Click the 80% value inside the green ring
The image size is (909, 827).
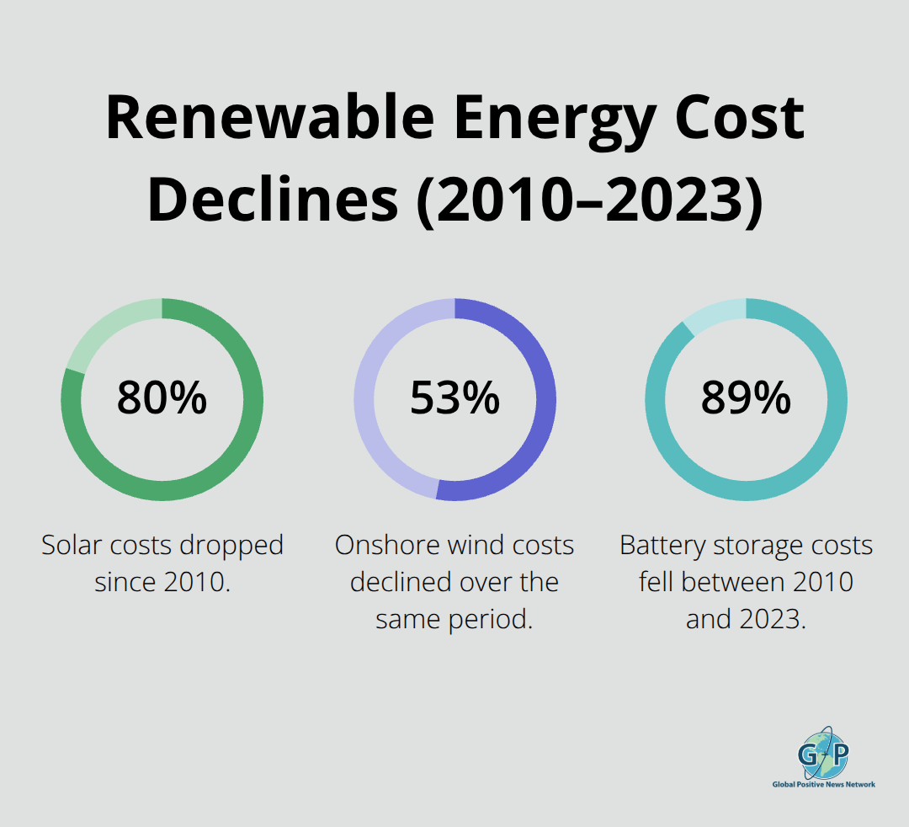coord(162,398)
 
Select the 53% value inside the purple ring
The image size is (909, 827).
coord(454,398)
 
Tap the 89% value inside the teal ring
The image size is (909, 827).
coord(746,398)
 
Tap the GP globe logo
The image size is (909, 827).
coord(823,751)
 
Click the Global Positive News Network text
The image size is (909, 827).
coord(823,784)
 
